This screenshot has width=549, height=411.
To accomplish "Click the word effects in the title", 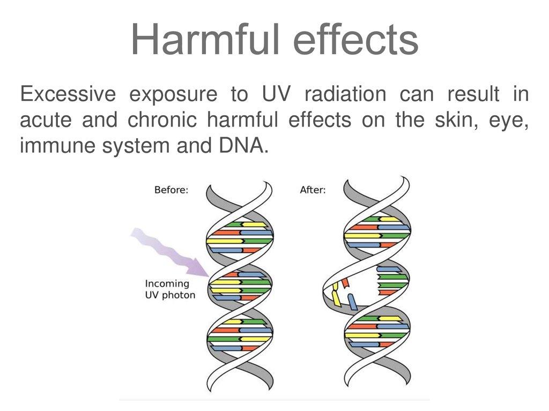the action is [356, 39].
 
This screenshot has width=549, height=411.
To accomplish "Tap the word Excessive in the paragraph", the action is [68, 94].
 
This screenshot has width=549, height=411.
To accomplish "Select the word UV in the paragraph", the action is [276, 94].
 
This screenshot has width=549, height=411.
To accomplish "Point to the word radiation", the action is [345, 94].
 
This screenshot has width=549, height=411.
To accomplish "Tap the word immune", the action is [57, 145].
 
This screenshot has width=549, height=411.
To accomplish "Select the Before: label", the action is [171, 190].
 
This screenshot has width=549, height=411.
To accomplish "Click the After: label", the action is [313, 190].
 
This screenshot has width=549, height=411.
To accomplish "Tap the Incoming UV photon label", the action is [170, 289].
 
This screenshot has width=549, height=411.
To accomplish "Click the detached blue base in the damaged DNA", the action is [352, 302].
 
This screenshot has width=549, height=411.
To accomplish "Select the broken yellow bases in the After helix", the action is [336, 295].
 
